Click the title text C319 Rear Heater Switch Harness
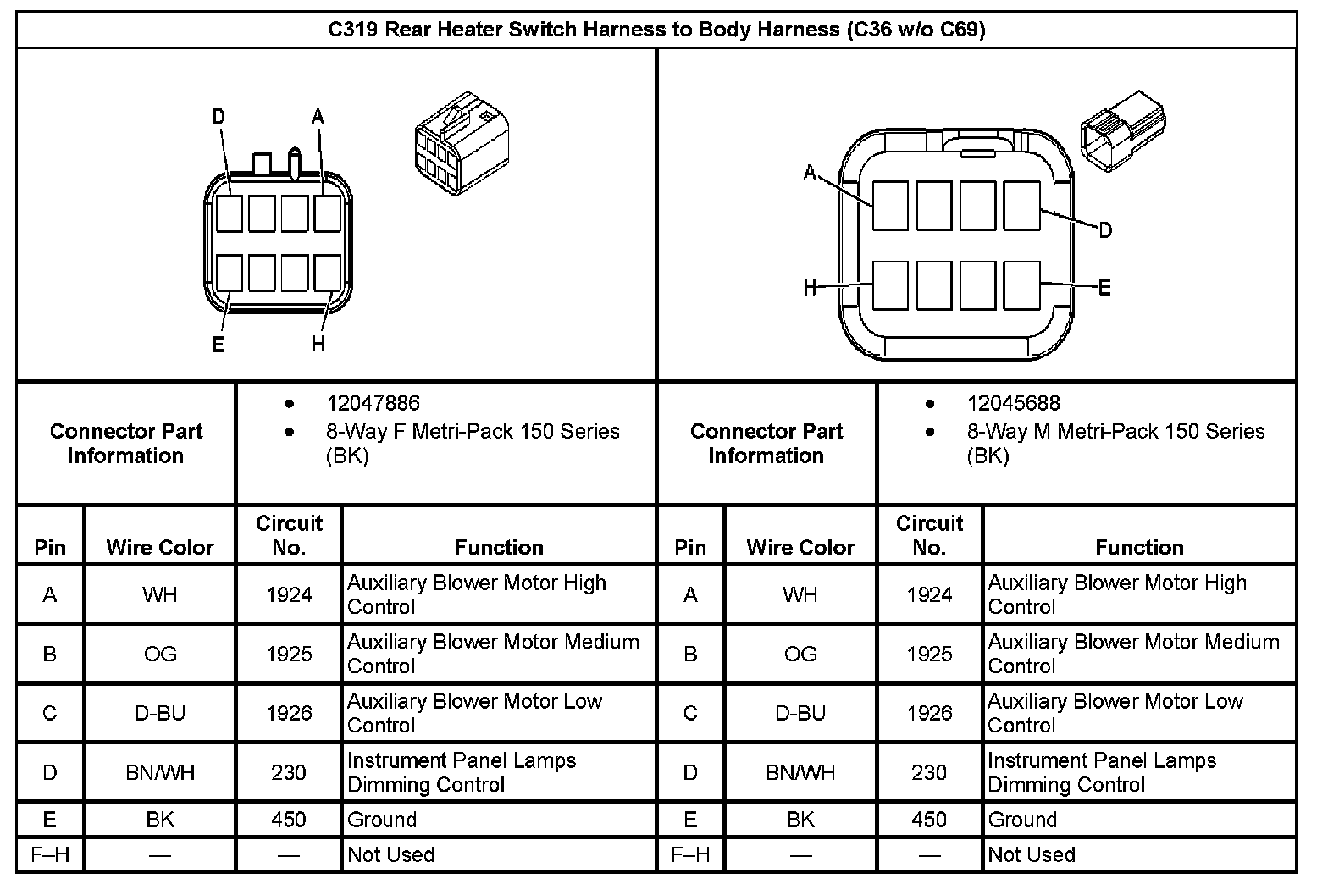[x=656, y=30]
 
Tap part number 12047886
[x=373, y=404]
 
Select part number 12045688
[x=1013, y=404]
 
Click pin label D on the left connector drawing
[x=219, y=117]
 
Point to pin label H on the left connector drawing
[x=318, y=344]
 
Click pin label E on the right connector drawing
[x=1104, y=288]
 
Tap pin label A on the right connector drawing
[x=810, y=174]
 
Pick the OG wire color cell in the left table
[x=160, y=654]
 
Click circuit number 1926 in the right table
[x=929, y=713]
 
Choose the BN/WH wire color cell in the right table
[x=800, y=772]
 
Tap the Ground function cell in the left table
[x=382, y=820]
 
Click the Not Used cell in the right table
[x=1032, y=854]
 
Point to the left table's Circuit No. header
[x=289, y=535]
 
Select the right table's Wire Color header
[x=800, y=547]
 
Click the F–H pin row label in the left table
[x=50, y=854]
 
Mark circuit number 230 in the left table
[x=289, y=772]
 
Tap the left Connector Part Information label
[x=126, y=443]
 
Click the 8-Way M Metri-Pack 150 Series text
[x=1115, y=431]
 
